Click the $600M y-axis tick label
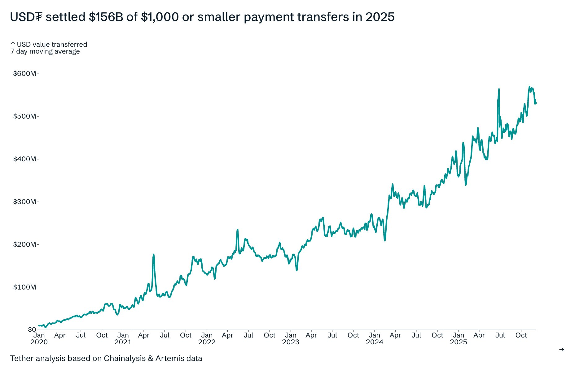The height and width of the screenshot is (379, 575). pos(24,74)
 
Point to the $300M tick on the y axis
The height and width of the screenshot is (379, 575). pos(24,202)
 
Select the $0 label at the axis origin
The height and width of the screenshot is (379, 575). pos(32,329)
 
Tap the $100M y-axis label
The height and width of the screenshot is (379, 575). pos(24,287)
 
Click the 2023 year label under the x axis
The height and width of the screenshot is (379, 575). pos(290,342)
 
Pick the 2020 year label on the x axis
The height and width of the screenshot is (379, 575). pos(39,342)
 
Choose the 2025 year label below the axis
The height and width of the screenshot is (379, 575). pos(458,342)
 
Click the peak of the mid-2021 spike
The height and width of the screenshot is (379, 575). pos(154,255)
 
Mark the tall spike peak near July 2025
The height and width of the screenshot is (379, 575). pos(499,89)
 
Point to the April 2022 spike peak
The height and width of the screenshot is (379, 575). pos(237,230)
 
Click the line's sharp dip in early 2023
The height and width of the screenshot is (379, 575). pos(296,270)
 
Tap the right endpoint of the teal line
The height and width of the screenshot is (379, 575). pos(536,103)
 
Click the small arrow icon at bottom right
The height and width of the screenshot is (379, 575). pos(561,350)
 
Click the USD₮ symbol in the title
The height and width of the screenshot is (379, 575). pos(26,17)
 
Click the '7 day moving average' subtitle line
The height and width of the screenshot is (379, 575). pos(45,51)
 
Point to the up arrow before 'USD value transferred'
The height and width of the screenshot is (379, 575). pos(13,45)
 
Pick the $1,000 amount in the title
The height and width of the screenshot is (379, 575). pos(160,17)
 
